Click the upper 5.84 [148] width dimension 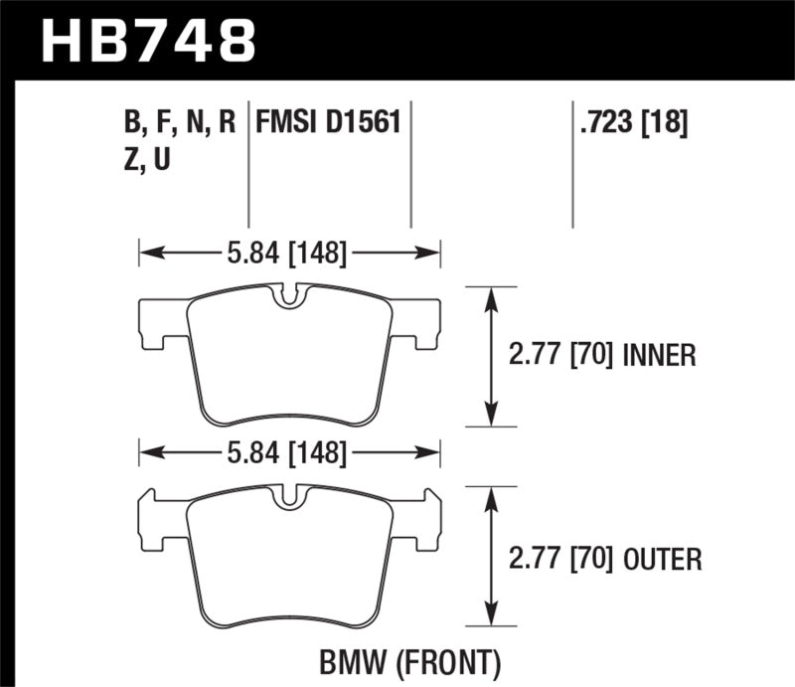pyautogui.click(x=289, y=255)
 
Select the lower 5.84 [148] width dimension pyautogui.click(x=289, y=454)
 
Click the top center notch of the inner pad pyautogui.click(x=289, y=295)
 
